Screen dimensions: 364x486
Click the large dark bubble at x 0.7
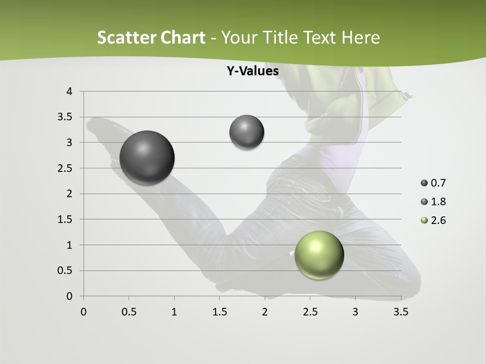(x=147, y=158)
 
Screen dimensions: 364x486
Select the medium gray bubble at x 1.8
(x=247, y=132)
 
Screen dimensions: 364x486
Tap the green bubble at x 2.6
(x=319, y=255)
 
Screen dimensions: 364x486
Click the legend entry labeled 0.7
(x=433, y=183)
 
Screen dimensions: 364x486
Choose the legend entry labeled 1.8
(x=433, y=202)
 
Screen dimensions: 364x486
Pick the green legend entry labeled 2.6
(x=433, y=220)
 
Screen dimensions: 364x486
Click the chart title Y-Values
(x=253, y=71)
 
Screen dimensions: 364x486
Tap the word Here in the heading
(x=361, y=37)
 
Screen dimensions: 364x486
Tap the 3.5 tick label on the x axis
(x=400, y=312)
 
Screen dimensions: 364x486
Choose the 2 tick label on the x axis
(x=265, y=312)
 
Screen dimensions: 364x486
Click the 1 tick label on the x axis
(x=174, y=312)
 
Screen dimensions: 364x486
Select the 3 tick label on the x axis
(x=355, y=312)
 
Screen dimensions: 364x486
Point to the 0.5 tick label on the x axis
(x=129, y=312)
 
